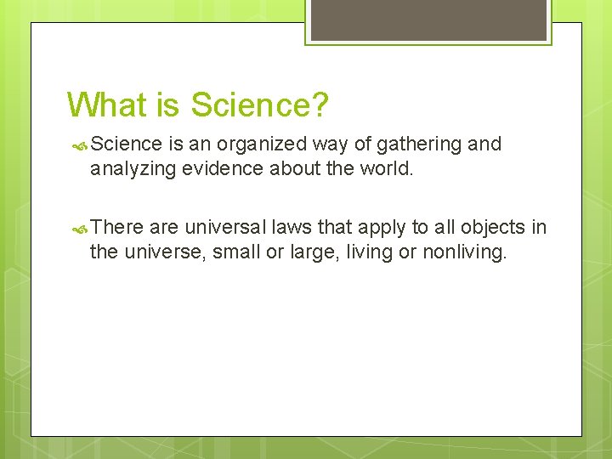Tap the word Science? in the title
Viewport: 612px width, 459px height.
[259, 105]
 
